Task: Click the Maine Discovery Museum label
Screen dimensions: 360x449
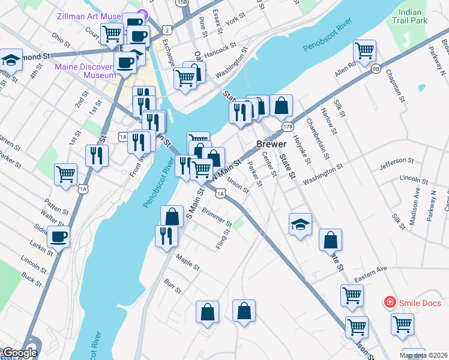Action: tap(85, 71)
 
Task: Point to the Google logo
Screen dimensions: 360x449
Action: tap(20, 353)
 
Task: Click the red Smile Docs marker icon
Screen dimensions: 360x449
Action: tap(390, 302)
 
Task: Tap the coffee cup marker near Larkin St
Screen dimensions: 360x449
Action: tap(59, 236)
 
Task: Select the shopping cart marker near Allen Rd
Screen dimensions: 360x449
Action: tap(365, 50)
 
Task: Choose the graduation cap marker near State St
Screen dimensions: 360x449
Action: tap(300, 224)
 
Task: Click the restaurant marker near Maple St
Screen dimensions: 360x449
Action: tap(166, 236)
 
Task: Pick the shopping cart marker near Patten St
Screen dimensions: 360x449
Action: tap(66, 174)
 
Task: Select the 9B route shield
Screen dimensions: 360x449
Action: tap(376, 68)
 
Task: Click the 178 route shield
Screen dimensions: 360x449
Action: tap(288, 127)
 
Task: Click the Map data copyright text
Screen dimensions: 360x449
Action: tap(423, 355)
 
